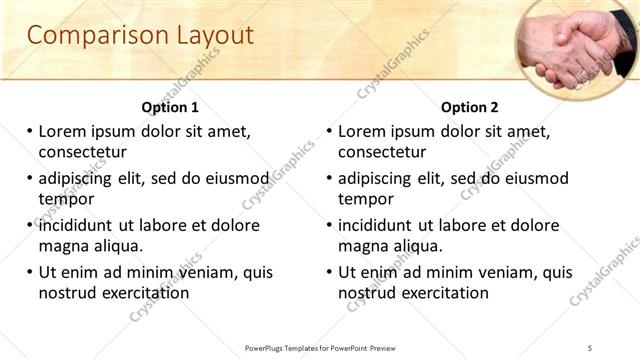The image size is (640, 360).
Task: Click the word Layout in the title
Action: tap(208, 35)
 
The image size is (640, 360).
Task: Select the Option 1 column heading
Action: tap(170, 107)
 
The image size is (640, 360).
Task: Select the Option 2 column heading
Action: tap(470, 107)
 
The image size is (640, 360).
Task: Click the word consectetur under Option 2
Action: tap(382, 152)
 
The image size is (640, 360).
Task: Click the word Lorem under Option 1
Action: tap(63, 131)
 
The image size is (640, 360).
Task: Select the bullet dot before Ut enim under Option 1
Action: tap(29, 272)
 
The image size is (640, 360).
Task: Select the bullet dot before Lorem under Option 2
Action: tap(329, 131)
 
